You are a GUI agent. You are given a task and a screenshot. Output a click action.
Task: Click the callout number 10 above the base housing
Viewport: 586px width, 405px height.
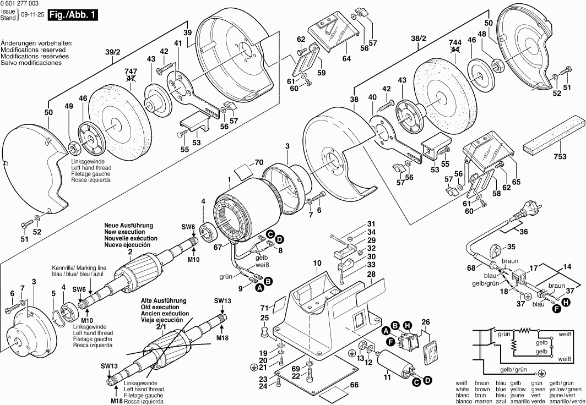(317, 264)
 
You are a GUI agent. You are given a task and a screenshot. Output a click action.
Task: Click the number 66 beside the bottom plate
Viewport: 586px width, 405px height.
(354, 385)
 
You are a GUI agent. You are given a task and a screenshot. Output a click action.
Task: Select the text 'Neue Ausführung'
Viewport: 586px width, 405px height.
(129, 226)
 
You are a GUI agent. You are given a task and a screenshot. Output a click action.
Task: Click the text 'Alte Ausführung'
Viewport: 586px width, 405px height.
(163, 301)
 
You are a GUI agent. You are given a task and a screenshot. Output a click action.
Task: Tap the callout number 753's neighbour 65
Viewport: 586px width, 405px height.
(516, 182)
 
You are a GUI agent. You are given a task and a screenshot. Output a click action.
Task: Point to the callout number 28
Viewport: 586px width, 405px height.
(371, 274)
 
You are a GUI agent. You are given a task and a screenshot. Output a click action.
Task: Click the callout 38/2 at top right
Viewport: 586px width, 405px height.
(419, 39)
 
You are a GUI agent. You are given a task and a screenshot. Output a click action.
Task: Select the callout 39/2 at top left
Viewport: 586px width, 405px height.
(112, 52)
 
